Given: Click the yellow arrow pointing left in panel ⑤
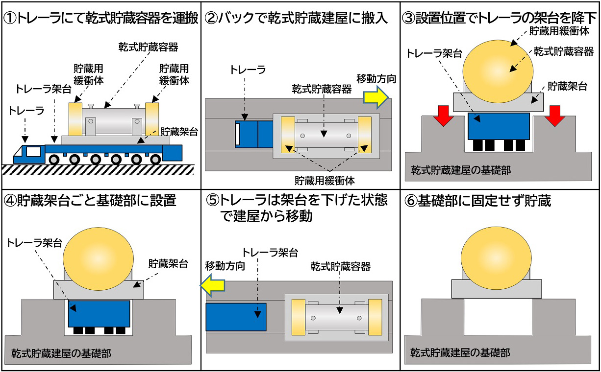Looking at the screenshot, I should tap(212, 286).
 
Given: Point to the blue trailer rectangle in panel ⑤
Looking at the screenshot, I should tap(236, 317).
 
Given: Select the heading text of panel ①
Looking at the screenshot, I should tap(100, 19).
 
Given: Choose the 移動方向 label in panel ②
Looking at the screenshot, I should tap(376, 78).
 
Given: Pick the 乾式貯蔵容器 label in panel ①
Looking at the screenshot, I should tap(148, 47).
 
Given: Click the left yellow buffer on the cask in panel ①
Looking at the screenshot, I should tap(75, 119).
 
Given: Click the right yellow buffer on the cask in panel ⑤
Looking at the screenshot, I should tap(375, 317).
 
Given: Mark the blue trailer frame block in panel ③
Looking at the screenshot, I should tap(499, 125).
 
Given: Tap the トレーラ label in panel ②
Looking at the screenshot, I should tap(248, 70).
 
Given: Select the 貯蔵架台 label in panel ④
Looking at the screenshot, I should tap(168, 264).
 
